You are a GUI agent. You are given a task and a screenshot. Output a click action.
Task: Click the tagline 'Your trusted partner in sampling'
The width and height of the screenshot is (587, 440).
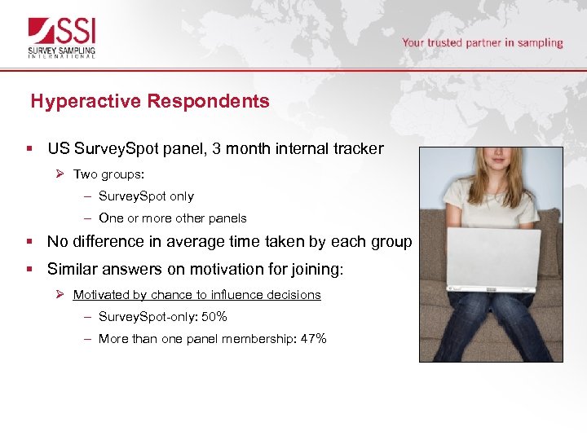pyautogui.click(x=482, y=42)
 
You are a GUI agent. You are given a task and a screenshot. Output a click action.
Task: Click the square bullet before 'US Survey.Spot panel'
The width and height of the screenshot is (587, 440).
pyautogui.click(x=29, y=149)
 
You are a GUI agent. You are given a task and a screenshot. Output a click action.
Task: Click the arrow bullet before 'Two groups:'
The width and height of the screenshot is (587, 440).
pyautogui.click(x=60, y=174)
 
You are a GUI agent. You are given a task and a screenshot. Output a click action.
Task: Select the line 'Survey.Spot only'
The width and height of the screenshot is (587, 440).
pyautogui.click(x=146, y=196)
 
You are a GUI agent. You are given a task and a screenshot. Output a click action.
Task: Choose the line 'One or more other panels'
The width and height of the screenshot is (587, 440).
pyautogui.click(x=172, y=218)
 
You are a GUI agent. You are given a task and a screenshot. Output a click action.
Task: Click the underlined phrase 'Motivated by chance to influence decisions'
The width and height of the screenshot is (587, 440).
pyautogui.click(x=196, y=295)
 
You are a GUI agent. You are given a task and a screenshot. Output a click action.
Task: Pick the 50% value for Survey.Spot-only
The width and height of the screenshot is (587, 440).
pyautogui.click(x=215, y=317)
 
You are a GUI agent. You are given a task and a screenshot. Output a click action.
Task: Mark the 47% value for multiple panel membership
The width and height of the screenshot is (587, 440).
pyautogui.click(x=314, y=339)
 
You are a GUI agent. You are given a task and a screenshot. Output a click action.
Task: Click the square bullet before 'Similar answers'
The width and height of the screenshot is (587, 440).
pyautogui.click(x=29, y=269)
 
